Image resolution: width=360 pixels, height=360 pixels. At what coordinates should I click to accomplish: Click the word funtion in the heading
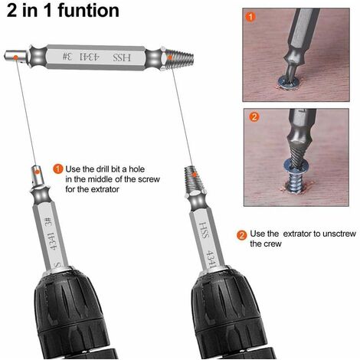88,11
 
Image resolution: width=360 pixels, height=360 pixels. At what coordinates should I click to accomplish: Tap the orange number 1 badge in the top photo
250,17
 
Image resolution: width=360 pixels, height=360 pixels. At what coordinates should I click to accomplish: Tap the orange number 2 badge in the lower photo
254,116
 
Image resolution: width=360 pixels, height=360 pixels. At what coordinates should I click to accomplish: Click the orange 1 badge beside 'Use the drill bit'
58,169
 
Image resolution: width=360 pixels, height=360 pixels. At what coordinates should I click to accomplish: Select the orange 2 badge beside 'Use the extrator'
242,235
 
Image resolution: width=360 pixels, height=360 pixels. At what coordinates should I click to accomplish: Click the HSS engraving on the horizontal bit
122,57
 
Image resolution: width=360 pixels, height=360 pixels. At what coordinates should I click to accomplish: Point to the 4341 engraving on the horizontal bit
89,57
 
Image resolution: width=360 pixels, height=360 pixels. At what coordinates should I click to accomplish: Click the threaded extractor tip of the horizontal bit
179,57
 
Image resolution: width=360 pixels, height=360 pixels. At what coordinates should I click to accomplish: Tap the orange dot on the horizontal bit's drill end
16,57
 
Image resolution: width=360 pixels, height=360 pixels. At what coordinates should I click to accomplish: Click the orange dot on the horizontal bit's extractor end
170,57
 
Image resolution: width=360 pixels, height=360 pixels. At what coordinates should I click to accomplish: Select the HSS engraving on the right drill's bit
204,230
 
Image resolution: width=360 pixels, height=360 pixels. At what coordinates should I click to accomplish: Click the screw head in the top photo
290,81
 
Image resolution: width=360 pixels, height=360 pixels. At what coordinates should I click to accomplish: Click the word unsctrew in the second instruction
339,234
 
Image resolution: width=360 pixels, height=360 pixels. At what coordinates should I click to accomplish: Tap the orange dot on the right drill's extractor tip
195,175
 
